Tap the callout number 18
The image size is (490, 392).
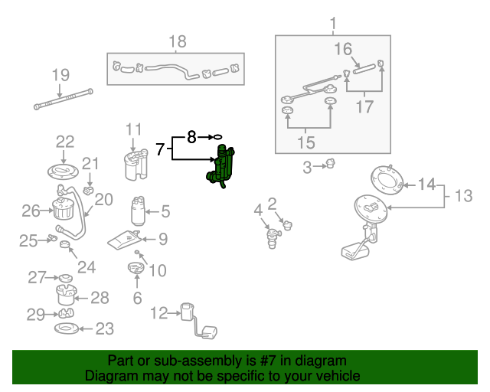(x=177, y=41)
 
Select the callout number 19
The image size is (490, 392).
(x=60, y=75)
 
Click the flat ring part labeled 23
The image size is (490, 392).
(x=68, y=329)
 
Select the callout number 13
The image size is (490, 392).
(x=463, y=196)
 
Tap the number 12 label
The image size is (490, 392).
(x=158, y=312)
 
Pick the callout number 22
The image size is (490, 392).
(x=65, y=141)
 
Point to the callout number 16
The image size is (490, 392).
(x=342, y=50)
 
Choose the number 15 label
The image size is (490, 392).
(x=306, y=142)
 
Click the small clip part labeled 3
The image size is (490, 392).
(x=331, y=163)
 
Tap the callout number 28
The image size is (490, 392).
(x=100, y=297)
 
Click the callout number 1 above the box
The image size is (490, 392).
(x=333, y=23)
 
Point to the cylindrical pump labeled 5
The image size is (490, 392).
(x=139, y=211)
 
